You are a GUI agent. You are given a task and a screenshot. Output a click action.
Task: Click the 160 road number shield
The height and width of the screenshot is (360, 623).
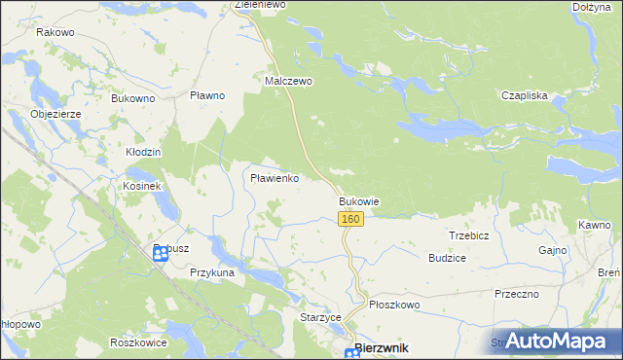coord(351,219)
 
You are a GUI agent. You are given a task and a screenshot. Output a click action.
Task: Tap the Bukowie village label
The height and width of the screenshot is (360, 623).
coord(358,201)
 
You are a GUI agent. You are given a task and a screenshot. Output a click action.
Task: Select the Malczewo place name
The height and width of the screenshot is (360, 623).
coord(289,82)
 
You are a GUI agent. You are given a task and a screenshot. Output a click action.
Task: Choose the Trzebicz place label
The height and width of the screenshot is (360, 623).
coord(468,236)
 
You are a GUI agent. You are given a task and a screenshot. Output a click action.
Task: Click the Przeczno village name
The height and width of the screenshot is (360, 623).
coord(517,294)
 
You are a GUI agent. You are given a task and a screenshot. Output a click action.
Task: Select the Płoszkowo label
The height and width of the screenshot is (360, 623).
coord(394,305)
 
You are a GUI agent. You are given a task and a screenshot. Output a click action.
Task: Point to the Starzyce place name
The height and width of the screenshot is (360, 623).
coord(319,317)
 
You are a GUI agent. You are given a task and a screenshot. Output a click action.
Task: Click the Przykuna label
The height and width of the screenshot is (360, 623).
coord(213,273)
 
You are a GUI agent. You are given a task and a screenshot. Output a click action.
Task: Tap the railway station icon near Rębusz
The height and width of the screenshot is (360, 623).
coord(161,254)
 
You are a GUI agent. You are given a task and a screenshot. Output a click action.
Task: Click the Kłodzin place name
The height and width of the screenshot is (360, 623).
coord(143,153)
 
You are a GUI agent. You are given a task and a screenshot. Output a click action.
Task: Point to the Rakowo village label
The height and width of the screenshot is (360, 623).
coord(55,32)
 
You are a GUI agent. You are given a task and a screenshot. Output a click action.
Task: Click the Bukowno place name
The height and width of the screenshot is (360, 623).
coord(133,98)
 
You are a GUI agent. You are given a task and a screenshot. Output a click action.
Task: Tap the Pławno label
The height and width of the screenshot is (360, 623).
coord(207,95)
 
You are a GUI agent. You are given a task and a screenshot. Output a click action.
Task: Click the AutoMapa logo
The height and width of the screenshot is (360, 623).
coord(559,342)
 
